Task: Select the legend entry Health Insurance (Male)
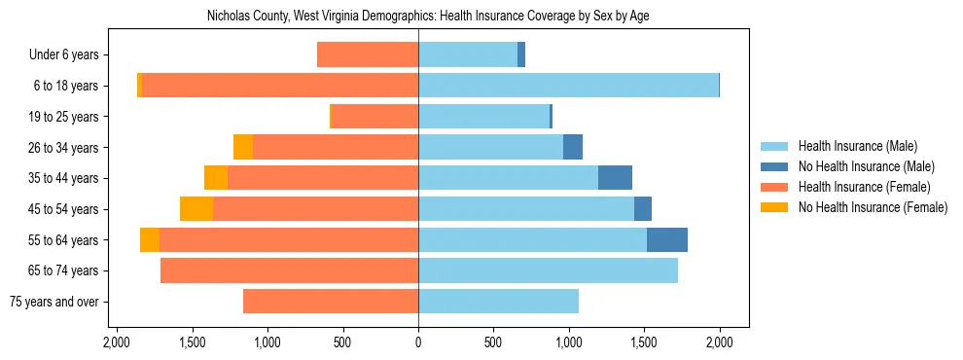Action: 857,146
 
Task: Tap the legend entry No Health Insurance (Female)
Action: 873,207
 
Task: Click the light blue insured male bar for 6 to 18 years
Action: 568,86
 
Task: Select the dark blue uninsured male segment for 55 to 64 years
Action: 667,239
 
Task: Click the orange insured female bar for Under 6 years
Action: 368,55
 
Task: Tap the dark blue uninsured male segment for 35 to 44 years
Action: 615,178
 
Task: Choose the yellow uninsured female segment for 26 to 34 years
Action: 243,147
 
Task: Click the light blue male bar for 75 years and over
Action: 498,302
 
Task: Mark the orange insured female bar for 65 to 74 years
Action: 289,270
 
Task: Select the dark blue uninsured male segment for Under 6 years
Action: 521,55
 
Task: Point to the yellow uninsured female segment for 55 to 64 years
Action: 150,239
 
